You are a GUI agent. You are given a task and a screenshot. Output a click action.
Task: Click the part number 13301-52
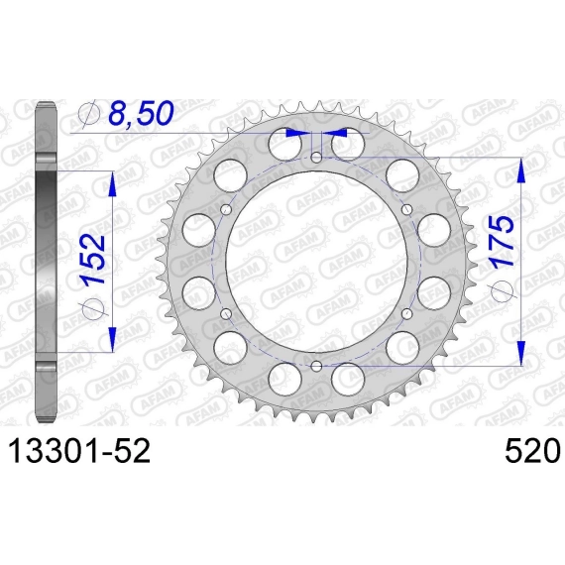pos(79,451)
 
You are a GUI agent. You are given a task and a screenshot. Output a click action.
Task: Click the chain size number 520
pos(532,451)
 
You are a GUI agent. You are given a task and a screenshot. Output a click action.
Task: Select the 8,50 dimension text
pos(141,113)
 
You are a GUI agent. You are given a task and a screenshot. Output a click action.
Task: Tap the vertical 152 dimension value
pos(94,259)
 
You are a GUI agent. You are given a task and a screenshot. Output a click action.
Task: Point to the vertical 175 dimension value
pos(502,241)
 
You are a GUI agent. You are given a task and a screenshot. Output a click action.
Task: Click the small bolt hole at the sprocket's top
pos(317,157)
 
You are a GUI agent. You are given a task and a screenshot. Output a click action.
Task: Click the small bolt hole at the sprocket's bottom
pos(317,367)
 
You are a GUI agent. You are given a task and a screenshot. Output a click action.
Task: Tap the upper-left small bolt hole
pos(226,209)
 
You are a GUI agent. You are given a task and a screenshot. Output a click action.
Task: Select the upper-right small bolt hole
pos(407,209)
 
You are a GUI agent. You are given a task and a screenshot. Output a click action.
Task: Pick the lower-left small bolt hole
pos(226,314)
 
